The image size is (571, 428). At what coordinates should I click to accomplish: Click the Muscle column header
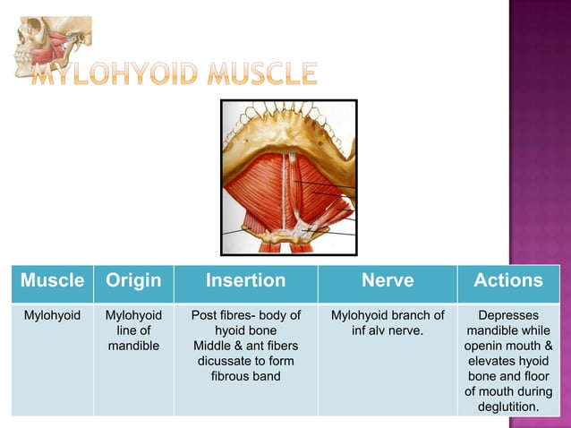pos(51,280)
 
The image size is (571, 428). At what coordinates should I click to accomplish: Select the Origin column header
pos(133,280)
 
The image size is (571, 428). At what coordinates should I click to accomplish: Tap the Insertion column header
pos(245,280)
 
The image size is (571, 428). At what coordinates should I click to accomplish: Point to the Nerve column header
pos(388,280)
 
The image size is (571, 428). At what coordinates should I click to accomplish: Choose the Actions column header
pos(507,280)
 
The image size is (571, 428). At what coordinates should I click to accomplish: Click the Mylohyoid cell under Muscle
pos(51,315)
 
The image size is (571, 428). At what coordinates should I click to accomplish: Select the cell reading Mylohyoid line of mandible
pos(133,330)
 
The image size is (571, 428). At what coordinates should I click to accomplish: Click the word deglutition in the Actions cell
pos(508,407)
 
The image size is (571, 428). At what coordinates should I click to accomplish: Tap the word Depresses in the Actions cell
pos(508,315)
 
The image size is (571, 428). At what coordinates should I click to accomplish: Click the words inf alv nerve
pos(388,330)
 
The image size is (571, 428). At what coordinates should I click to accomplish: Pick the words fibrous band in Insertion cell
pos(245,376)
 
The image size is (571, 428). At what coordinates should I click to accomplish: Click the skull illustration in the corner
pos(49,45)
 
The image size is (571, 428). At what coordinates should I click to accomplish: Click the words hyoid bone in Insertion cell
pos(245,330)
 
